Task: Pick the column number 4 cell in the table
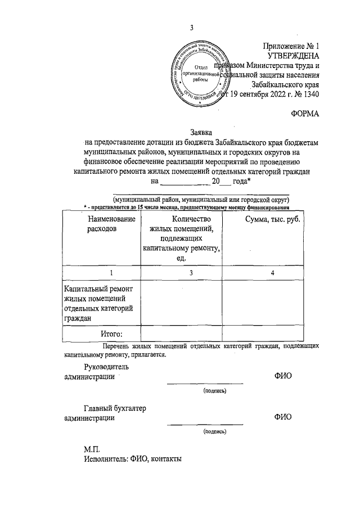click(x=272, y=273)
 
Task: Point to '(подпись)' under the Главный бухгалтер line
click(x=215, y=432)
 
